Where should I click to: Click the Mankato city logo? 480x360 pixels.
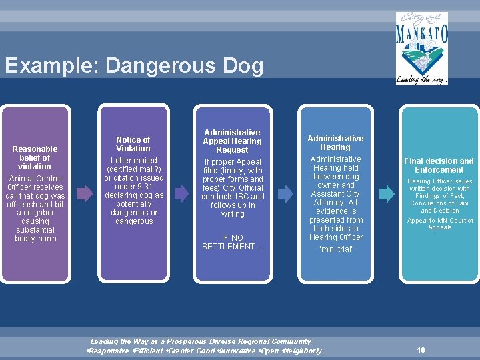click(x=422, y=48)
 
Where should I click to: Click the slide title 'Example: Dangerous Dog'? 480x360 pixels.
click(x=133, y=66)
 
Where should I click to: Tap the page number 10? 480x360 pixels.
click(x=421, y=349)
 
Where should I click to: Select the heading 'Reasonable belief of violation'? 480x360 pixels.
click(x=35, y=157)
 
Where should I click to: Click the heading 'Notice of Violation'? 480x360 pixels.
click(x=133, y=144)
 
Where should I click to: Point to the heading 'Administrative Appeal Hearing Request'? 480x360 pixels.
click(x=233, y=141)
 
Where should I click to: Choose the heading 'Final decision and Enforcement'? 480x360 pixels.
click(x=439, y=165)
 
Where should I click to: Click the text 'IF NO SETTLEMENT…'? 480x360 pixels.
click(x=233, y=242)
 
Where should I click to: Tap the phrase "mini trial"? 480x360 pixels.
click(x=336, y=249)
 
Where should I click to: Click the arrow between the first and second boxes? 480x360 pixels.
click(x=85, y=193)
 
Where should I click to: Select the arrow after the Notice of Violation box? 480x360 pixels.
click(x=179, y=193)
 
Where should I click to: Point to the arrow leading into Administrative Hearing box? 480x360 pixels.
click(x=285, y=193)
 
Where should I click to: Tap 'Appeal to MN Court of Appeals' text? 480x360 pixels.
click(x=440, y=224)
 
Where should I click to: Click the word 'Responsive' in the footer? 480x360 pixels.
click(x=110, y=351)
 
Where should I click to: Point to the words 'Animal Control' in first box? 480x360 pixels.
click(x=35, y=179)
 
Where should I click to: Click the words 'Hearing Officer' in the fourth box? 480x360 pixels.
click(x=336, y=237)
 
